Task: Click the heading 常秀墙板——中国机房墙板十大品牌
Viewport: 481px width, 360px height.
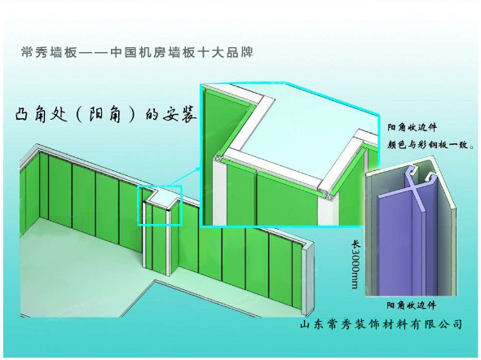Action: click(x=137, y=52)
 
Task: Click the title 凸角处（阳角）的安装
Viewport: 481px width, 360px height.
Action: click(x=105, y=115)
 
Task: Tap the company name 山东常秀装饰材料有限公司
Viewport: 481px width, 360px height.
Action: click(x=381, y=324)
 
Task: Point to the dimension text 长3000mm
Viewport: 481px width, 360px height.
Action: click(x=355, y=265)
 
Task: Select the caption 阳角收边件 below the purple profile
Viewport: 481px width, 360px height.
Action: click(x=411, y=305)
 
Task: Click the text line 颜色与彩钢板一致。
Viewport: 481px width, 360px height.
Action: click(x=430, y=144)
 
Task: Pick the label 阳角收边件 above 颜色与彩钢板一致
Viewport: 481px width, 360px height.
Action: click(x=412, y=127)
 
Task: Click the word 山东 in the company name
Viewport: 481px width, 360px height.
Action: click(x=311, y=324)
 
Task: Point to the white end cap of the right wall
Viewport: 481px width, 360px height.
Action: click(x=307, y=279)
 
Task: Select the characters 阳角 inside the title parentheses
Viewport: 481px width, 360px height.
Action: click(x=105, y=115)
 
